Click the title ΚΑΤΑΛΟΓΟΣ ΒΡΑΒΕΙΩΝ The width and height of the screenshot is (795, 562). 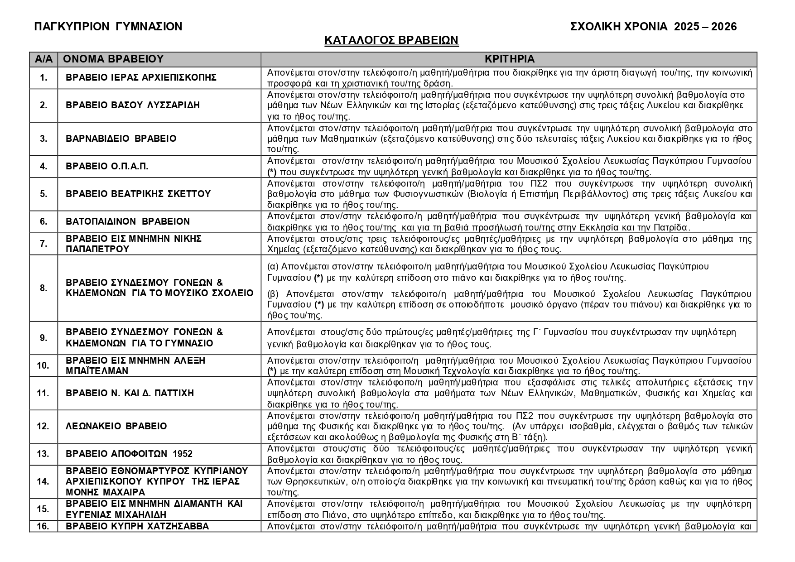(x=391, y=40)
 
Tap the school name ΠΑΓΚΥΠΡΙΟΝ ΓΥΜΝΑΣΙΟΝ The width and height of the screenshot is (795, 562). (x=108, y=27)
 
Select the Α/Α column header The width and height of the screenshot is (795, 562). (x=43, y=59)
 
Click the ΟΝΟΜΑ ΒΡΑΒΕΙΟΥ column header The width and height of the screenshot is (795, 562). (x=113, y=59)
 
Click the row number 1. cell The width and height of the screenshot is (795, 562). (x=43, y=78)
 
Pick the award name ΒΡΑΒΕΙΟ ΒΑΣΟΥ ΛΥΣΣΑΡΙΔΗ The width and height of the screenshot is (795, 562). (x=133, y=105)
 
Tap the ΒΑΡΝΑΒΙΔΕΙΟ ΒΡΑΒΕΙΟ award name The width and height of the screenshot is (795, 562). (x=121, y=139)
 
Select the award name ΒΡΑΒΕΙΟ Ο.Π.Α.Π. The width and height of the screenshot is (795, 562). (x=107, y=166)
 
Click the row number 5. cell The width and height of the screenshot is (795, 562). (x=43, y=194)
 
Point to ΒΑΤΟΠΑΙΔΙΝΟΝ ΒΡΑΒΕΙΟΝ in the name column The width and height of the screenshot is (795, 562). (x=128, y=221)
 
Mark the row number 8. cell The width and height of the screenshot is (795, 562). (x=43, y=288)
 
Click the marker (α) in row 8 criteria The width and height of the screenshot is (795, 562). (x=272, y=266)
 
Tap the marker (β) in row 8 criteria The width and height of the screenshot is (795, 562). (x=272, y=293)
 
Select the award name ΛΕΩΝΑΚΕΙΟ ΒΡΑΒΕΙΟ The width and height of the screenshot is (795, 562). (x=116, y=426)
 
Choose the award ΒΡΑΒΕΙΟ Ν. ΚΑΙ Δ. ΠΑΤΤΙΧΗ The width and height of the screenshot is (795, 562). (x=130, y=393)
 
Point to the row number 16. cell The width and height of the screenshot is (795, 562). (x=43, y=526)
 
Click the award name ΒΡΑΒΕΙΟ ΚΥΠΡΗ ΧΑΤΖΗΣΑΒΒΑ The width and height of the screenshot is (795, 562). (x=137, y=526)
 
